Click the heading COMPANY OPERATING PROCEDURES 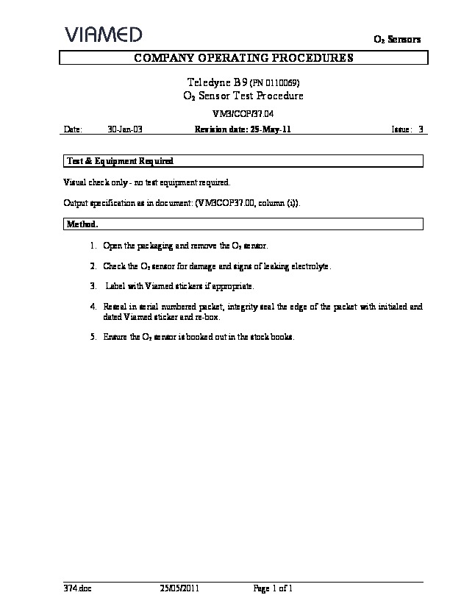243,57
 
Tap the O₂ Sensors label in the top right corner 399,40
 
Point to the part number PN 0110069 276,83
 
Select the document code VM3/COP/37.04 242,114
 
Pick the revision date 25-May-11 268,129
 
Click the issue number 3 421,129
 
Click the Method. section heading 82,223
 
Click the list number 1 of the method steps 93,244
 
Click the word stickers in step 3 187,285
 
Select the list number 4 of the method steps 93,306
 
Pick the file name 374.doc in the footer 77,588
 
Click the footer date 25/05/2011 179,588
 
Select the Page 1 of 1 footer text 274,588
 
